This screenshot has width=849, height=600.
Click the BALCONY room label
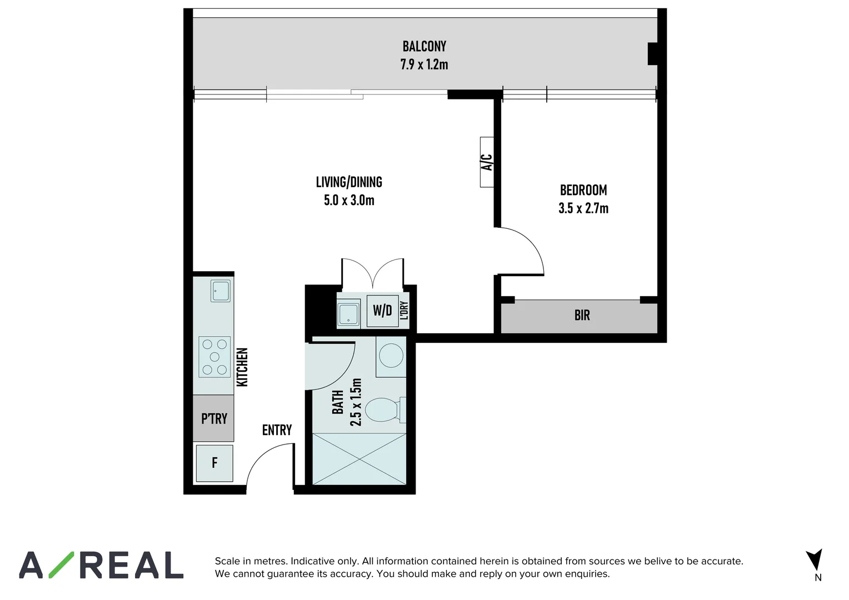(x=424, y=46)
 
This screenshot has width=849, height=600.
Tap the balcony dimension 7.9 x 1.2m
(x=424, y=64)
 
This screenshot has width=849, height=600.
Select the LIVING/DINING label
(x=349, y=182)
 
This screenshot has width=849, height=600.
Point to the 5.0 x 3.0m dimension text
(x=349, y=201)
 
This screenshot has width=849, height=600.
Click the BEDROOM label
(x=583, y=190)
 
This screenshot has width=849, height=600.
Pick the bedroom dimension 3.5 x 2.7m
(x=583, y=208)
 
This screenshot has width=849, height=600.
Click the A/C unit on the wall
(x=487, y=162)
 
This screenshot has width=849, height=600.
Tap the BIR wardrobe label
(x=582, y=316)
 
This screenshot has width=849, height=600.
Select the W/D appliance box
(x=382, y=311)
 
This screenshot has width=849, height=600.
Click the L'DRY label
(x=404, y=311)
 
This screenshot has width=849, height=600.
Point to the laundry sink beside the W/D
(x=348, y=312)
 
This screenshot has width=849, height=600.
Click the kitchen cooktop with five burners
(x=214, y=357)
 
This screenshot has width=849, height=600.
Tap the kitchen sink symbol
(x=221, y=291)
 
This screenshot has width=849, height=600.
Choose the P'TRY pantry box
(x=214, y=418)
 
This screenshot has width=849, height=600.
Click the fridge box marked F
(x=214, y=463)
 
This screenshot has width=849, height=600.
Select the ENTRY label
(x=277, y=430)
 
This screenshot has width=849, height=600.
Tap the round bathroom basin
(x=392, y=356)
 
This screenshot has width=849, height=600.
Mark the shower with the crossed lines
(x=359, y=459)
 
